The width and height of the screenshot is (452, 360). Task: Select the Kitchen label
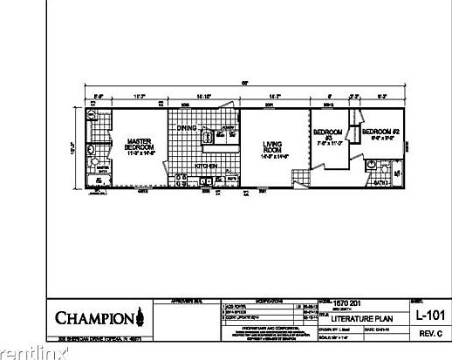pos(206,165)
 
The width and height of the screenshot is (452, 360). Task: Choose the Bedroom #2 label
pos(380,132)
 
